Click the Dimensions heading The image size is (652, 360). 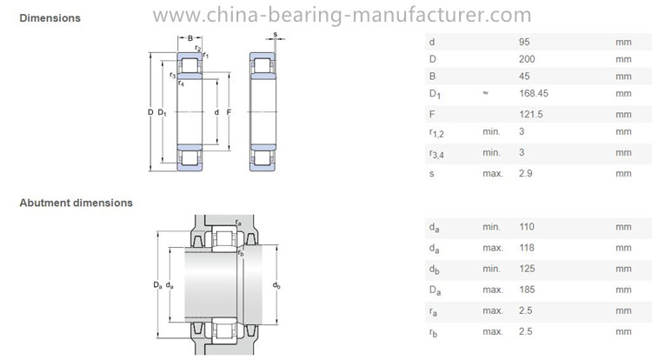[50, 18]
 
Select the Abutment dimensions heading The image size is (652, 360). [77, 203]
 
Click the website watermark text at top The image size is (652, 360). [342, 15]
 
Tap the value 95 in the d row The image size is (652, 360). [524, 42]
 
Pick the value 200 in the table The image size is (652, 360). [527, 59]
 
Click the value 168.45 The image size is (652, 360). [534, 93]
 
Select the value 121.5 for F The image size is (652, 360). [531, 114]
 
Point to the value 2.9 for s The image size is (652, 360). [526, 173]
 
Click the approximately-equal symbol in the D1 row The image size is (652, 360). [485, 93]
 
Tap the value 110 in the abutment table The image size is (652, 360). [527, 227]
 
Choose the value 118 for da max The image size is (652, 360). [527, 248]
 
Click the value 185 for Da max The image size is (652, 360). [527, 290]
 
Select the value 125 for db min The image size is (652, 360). [527, 269]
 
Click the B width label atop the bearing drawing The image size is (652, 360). [190, 38]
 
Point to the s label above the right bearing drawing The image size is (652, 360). [276, 35]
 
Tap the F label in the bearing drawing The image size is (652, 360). [229, 112]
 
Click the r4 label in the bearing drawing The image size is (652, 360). [181, 83]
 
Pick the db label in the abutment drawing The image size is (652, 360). [276, 285]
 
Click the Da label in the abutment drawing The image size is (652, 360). [157, 285]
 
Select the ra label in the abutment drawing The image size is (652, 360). [238, 223]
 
